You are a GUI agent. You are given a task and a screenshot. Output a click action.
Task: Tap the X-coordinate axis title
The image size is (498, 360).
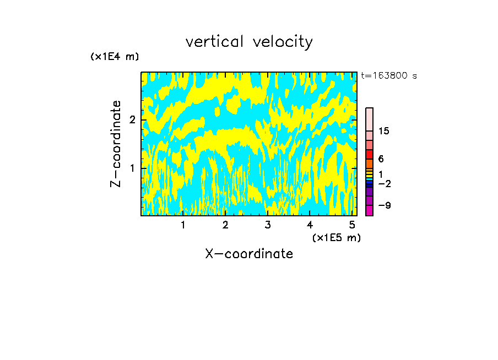(x=249, y=254)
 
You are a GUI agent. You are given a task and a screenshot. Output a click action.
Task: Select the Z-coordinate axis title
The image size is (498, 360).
(x=116, y=144)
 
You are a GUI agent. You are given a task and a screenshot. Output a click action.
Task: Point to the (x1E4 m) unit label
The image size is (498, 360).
(x=115, y=57)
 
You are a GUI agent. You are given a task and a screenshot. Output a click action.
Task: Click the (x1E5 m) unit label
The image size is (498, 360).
(x=336, y=237)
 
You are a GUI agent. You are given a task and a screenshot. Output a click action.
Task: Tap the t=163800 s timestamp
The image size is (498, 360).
(x=389, y=75)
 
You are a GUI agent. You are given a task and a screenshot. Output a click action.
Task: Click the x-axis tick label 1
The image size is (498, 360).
(x=183, y=225)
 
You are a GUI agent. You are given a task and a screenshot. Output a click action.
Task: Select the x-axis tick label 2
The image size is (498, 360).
(x=225, y=225)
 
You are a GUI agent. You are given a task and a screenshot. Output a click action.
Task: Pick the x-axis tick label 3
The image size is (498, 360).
(x=268, y=225)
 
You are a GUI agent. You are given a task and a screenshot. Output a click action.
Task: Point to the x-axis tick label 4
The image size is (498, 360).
(x=310, y=225)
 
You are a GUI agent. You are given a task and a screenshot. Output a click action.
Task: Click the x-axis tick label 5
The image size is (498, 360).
(x=352, y=225)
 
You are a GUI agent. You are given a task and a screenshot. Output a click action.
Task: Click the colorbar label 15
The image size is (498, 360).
(x=384, y=131)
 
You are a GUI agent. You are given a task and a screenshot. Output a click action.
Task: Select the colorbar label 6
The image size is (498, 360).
(x=381, y=159)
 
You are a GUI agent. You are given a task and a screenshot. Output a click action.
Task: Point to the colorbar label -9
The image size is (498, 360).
(x=384, y=205)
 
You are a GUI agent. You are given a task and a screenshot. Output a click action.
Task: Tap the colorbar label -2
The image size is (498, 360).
(x=384, y=183)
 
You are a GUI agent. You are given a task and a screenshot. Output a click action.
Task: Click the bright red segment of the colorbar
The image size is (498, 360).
(x=369, y=154)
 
